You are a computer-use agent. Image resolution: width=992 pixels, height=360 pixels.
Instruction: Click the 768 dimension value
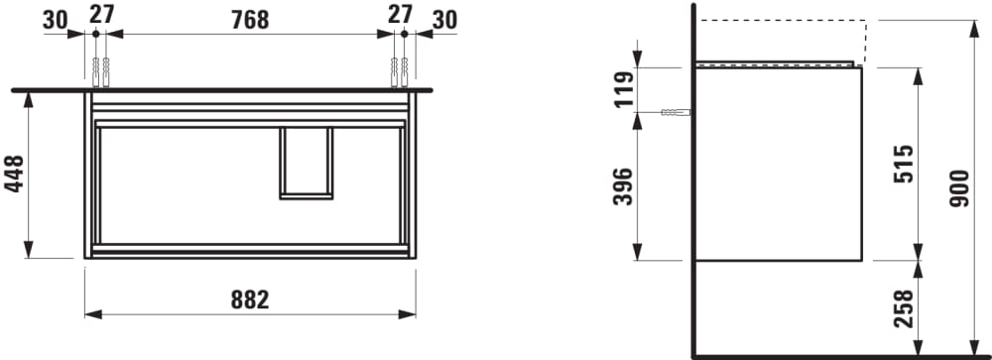(250, 20)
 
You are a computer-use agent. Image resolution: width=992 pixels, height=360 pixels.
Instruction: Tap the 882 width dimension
(250, 300)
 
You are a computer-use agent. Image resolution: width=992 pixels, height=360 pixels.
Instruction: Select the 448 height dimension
(14, 174)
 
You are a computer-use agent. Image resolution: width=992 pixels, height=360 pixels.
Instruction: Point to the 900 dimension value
(959, 187)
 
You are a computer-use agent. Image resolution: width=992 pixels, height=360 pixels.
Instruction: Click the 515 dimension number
(904, 164)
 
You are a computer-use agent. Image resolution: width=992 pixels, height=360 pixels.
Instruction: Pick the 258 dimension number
(904, 308)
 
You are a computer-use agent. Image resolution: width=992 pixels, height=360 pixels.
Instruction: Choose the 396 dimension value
(623, 186)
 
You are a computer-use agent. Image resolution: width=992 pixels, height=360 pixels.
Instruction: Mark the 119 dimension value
(623, 90)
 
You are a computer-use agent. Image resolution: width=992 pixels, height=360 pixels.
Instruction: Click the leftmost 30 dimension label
(55, 20)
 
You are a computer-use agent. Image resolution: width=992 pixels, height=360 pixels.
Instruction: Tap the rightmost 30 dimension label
(444, 20)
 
